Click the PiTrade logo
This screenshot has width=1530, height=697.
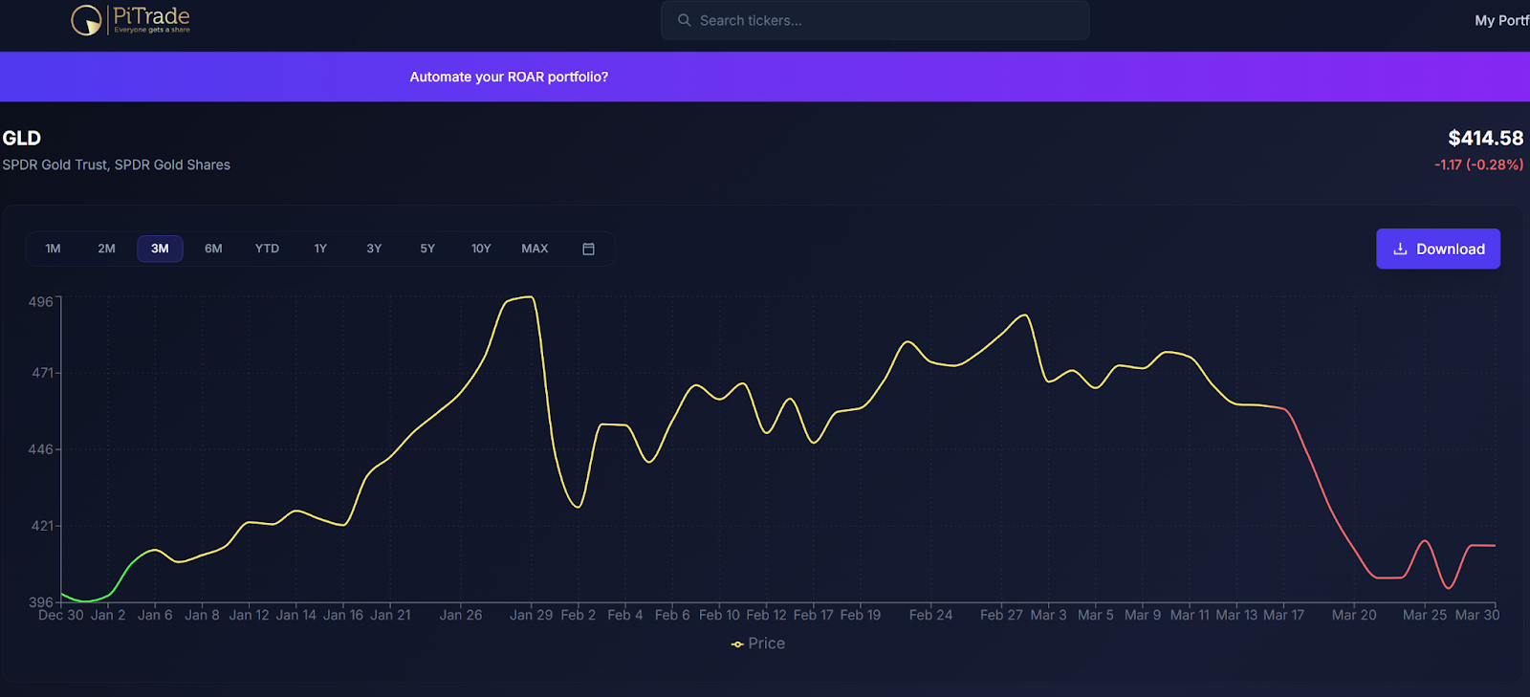pyautogui.click(x=131, y=19)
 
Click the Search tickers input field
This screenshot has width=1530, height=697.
pyautogui.click(x=874, y=20)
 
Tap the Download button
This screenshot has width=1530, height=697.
pyautogui.click(x=1437, y=249)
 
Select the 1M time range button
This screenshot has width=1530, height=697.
pyautogui.click(x=54, y=249)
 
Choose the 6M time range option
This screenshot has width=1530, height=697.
pyautogui.click(x=213, y=249)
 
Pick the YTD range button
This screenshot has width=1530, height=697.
pyautogui.click(x=267, y=249)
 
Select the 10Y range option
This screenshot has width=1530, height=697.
pyautogui.click(x=481, y=249)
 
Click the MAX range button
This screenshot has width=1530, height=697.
pyautogui.click(x=535, y=249)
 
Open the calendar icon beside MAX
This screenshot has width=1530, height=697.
pyautogui.click(x=588, y=249)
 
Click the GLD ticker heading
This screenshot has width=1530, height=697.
pyautogui.click(x=22, y=138)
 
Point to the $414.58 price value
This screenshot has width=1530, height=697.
pyautogui.click(x=1485, y=139)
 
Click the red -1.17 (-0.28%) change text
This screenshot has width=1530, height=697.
pyautogui.click(x=1478, y=164)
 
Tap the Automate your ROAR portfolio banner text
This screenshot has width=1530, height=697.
pyautogui.click(x=509, y=76)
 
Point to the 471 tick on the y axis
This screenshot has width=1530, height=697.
pyautogui.click(x=42, y=373)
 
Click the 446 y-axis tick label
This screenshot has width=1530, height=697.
pyautogui.click(x=41, y=449)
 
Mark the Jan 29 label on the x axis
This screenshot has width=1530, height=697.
pyautogui.click(x=531, y=615)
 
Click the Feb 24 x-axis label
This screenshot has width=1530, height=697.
pyautogui.click(x=930, y=615)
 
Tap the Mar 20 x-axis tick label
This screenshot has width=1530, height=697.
pyautogui.click(x=1354, y=615)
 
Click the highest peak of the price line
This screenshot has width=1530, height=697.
pyautogui.click(x=530, y=297)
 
